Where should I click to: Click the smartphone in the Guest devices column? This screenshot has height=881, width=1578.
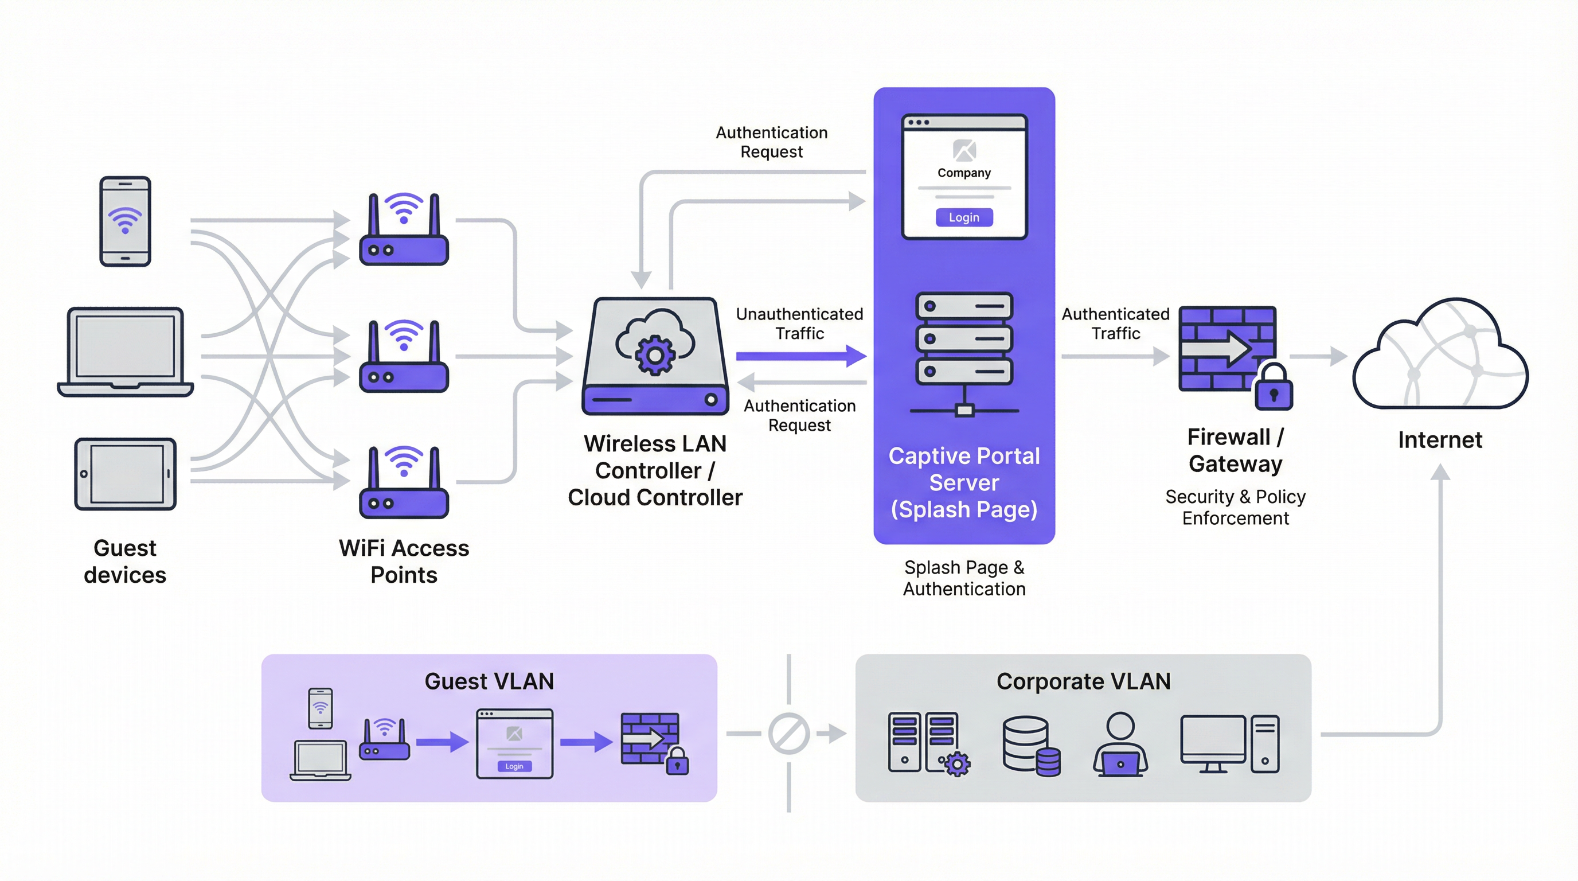coord(125,221)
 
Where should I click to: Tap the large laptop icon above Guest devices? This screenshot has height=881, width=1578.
coord(125,352)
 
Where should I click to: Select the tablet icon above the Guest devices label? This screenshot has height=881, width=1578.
coord(125,474)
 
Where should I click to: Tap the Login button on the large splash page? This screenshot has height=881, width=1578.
coord(963,217)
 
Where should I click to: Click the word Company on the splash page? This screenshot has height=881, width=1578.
coord(963,173)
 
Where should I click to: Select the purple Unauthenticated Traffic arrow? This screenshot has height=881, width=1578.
coord(800,356)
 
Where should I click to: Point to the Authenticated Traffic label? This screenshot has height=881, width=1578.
coord(1115,323)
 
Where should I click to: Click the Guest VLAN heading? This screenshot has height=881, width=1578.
coord(489,681)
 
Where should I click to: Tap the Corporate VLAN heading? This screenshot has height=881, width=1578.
coord(1083,681)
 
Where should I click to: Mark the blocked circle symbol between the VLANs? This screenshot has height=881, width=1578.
coord(789,734)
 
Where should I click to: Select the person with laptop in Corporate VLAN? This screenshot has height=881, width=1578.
coord(1120,744)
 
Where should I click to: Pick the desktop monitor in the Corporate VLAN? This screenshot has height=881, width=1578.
coord(1213,743)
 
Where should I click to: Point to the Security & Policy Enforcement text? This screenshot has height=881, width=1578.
coord(1235,507)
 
